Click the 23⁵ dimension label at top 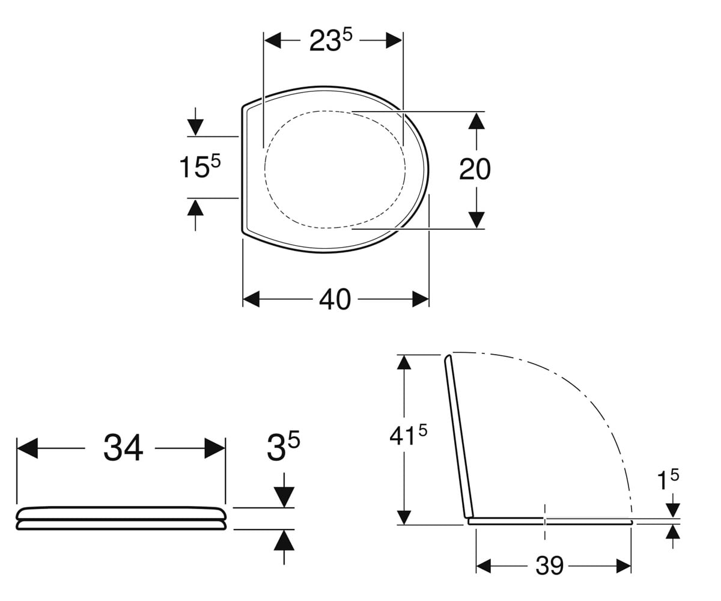330,41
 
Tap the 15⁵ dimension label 200,166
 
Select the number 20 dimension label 475,169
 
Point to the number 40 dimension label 335,299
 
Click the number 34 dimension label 123,448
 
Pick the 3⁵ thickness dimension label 283,447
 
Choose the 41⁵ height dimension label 408,435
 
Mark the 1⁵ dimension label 668,480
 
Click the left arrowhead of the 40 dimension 251,299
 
